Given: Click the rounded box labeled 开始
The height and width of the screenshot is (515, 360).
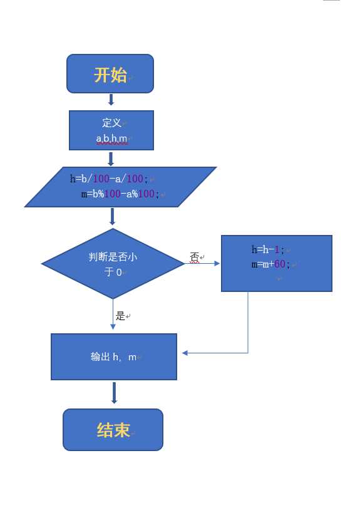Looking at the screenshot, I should pos(110,74).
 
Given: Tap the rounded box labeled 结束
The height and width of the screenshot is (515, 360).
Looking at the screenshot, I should pos(113,430).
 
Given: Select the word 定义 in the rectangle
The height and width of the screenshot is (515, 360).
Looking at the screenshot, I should pos(111,123).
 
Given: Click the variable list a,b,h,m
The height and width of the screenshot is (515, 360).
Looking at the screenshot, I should pos(111,138).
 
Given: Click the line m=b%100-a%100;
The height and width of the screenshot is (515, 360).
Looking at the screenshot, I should pos(120,194).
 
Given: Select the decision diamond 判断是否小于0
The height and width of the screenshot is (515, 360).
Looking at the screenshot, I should pos(113,264).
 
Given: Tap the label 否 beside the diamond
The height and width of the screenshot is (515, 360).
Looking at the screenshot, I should pos(194,257).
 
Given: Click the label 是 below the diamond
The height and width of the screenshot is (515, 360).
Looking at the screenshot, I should pos(120,316).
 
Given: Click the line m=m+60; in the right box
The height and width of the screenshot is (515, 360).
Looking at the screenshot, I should pos(270,264).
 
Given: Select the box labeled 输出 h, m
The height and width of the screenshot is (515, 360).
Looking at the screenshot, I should pos(113,356).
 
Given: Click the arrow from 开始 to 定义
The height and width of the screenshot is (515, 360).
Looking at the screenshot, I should pos(111,100).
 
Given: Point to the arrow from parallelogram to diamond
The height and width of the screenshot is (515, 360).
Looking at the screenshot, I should pos(112,216).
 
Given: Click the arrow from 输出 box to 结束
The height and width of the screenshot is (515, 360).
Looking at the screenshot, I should pos(114,393).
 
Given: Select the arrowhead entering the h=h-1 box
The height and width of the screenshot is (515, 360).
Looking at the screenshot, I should pos(217,264).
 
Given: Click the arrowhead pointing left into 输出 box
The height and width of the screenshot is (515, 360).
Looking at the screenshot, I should pos(185,353).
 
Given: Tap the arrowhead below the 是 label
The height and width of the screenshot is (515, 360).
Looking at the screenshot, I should pos(113,326).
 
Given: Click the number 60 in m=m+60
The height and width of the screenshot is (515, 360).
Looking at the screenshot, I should pos(279,264).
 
